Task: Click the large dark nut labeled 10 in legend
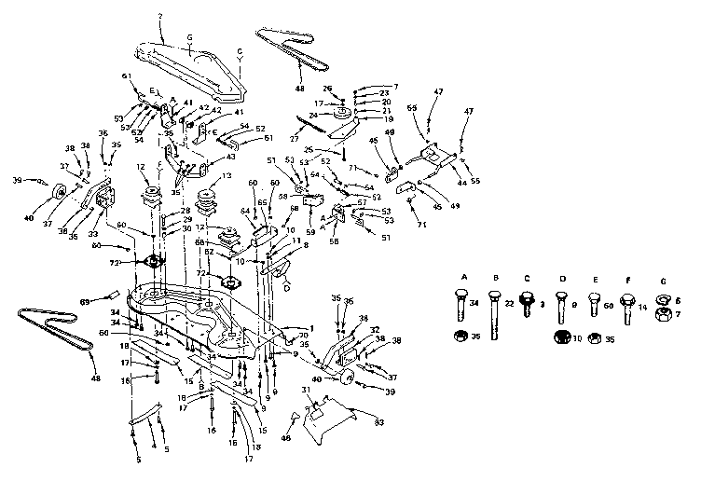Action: coord(562,337)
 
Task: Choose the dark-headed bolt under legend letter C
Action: coord(529,305)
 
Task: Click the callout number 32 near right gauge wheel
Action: coord(376,330)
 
